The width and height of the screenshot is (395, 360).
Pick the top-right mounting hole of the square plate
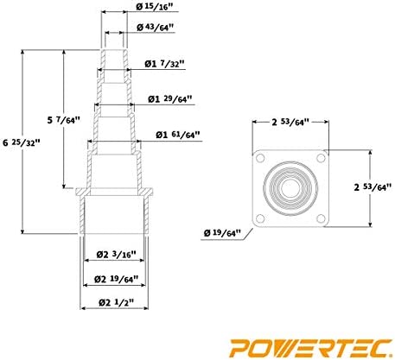pyautogui.click(x=322, y=158)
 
